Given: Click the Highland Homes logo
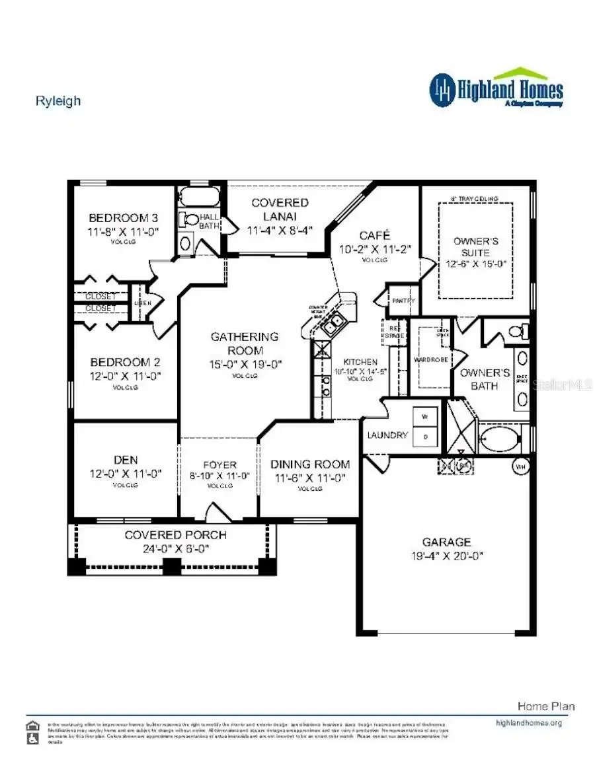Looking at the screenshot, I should point(496,89).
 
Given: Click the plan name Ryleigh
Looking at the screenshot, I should point(58,101).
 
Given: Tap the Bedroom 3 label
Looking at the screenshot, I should point(124,218).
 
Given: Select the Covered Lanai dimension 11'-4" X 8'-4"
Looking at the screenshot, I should point(280,230).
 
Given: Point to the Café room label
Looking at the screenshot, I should point(375,235).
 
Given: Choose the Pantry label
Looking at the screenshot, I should point(403,301).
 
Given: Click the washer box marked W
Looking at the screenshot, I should point(425,417).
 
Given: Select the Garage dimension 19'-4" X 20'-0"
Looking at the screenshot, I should point(447,556).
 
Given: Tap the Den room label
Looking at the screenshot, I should point(125,460).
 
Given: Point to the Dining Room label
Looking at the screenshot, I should point(309,464).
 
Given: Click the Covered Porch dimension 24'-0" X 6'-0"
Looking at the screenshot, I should point(175,548).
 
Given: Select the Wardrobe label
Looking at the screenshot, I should point(431,360).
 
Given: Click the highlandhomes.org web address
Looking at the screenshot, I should point(528,723).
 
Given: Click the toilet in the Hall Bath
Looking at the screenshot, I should point(191,219).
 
